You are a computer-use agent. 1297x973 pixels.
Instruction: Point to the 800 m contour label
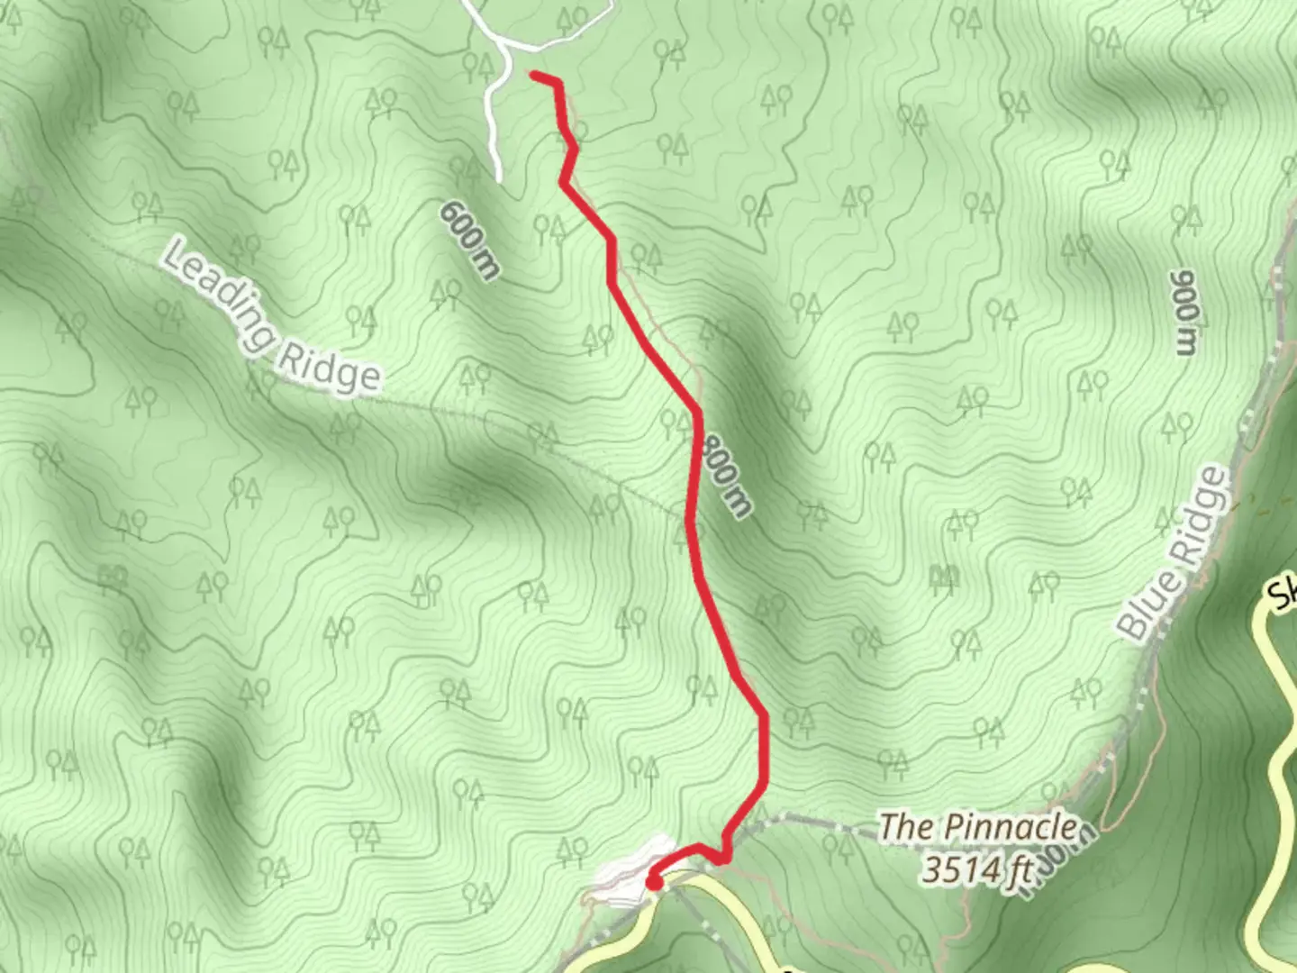pyautogui.click(x=727, y=475)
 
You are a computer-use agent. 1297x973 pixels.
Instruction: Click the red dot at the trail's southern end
pyautogui.click(x=653, y=883)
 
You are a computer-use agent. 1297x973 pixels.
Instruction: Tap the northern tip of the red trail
pyautogui.click(x=534, y=76)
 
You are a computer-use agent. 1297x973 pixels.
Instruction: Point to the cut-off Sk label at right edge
pyautogui.click(x=1283, y=595)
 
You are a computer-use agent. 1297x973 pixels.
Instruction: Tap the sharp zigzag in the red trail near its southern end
pyautogui.click(x=722, y=856)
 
